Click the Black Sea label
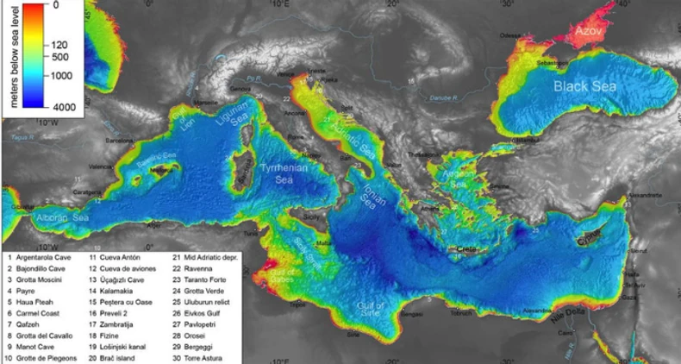point(585,87)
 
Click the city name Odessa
point(511,35)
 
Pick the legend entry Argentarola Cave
point(44,257)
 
